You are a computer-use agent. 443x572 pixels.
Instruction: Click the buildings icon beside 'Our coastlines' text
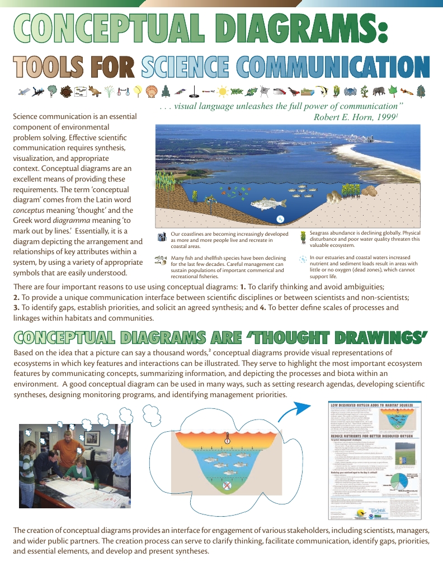(162, 237)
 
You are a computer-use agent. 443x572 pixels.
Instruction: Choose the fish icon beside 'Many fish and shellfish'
(161, 260)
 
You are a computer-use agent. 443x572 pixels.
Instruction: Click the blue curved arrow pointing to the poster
(296, 413)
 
